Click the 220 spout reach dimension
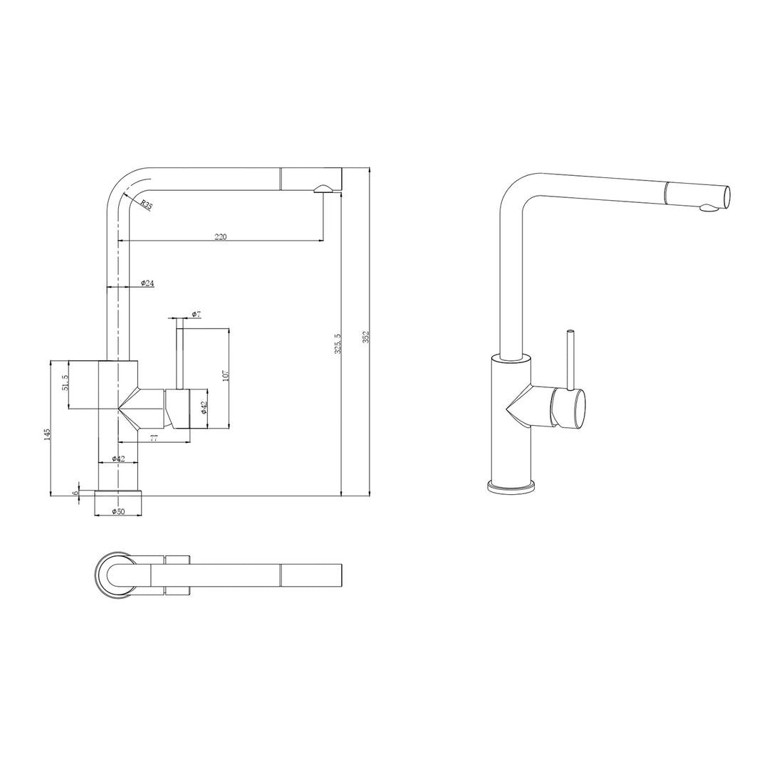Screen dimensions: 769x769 click(x=221, y=237)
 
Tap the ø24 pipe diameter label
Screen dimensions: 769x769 click(x=147, y=283)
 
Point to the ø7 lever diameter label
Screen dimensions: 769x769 click(x=197, y=314)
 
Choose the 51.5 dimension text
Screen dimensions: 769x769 click(x=65, y=383)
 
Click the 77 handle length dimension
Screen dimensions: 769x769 click(x=154, y=439)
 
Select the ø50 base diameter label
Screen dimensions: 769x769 click(x=118, y=512)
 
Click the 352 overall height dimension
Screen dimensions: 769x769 click(x=366, y=336)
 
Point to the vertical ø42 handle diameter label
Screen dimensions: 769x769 click(x=204, y=407)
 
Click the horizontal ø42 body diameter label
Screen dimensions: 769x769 click(x=118, y=459)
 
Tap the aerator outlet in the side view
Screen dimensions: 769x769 click(x=321, y=189)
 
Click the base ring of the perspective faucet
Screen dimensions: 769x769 click(x=511, y=488)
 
